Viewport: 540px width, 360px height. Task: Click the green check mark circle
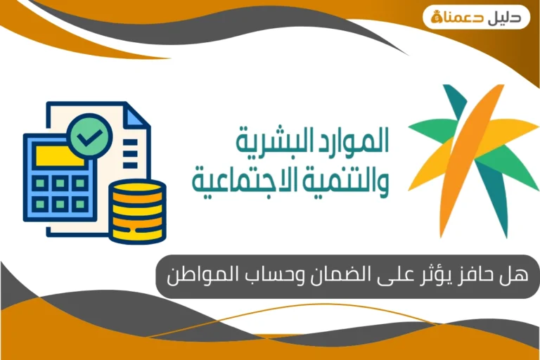pos(89,134)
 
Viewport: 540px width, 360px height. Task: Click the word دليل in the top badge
pos(508,17)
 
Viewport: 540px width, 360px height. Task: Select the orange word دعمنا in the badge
pos(468,18)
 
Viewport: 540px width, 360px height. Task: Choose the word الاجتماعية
pos(247,179)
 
